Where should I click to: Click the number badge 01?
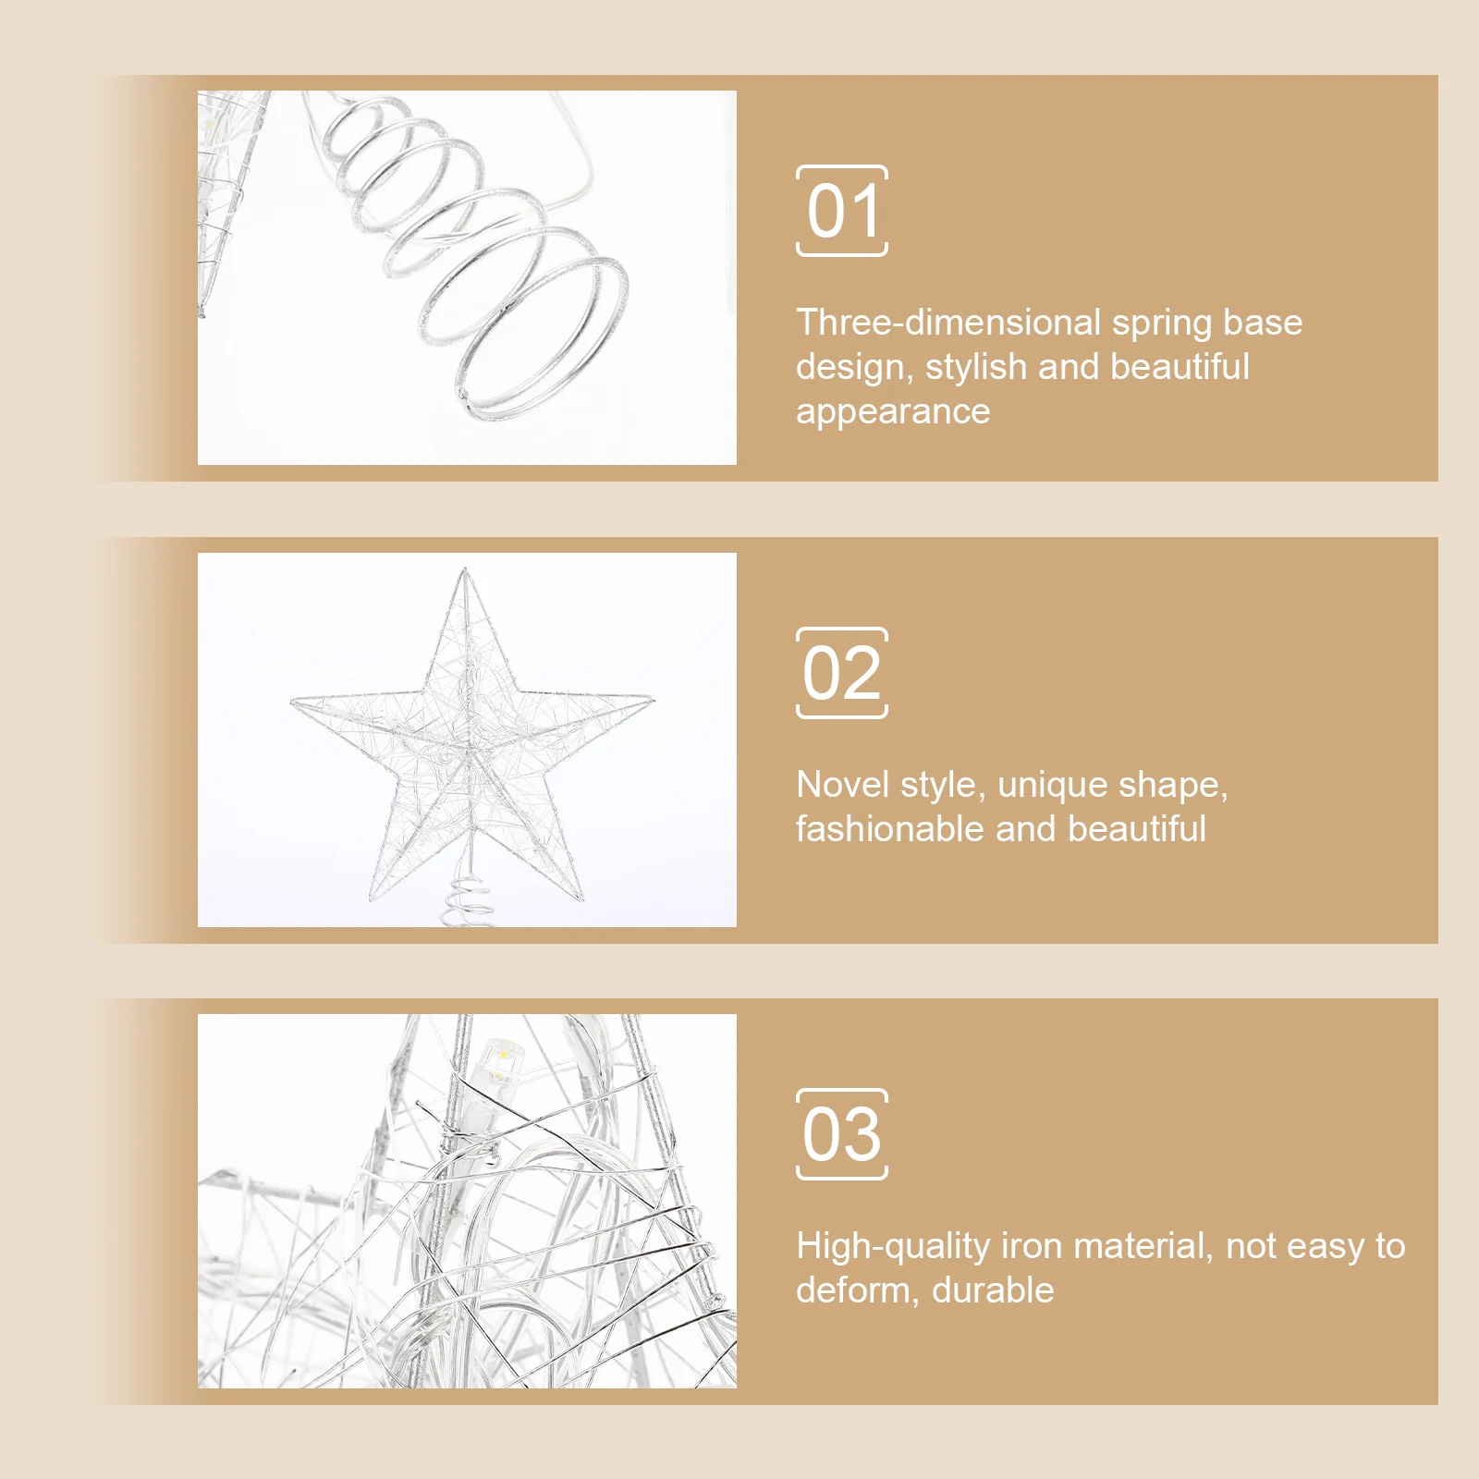click(x=842, y=211)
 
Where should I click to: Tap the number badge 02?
click(x=842, y=673)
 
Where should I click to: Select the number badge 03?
click(x=842, y=1134)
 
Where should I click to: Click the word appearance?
click(x=892, y=411)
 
